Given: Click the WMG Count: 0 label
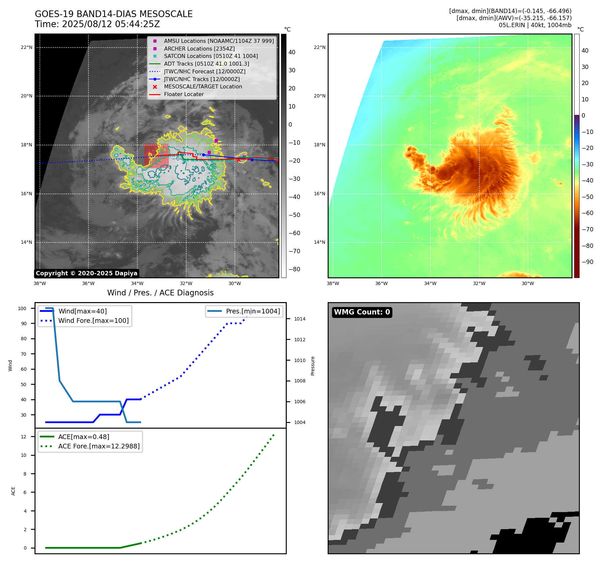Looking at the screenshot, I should tap(362, 312).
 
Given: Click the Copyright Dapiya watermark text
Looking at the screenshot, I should tap(86, 273).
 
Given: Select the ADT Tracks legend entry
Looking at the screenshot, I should tap(206, 64).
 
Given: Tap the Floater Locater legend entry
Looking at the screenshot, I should tap(184, 94).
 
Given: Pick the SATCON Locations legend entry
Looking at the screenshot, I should tap(211, 56).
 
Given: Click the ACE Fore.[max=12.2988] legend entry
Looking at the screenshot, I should tap(99, 446).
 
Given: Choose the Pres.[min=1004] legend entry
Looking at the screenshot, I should tap(253, 311).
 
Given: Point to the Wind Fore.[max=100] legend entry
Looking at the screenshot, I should tap(93, 321).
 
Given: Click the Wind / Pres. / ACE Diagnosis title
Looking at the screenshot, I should tap(160, 293).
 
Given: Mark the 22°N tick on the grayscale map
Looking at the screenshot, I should tap(26, 47).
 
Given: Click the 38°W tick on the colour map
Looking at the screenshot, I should tap(333, 283).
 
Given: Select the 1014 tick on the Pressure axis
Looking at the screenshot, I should tap(300, 319).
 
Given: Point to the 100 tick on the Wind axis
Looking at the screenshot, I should tap(22, 308).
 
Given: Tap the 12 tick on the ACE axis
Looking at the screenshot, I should tap(23, 437).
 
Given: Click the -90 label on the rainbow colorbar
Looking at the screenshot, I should tap(587, 262).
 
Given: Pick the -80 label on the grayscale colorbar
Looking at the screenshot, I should tap(294, 269).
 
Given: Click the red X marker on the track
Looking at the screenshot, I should tap(239, 160).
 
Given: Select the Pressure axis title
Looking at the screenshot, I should tap(313, 366).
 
